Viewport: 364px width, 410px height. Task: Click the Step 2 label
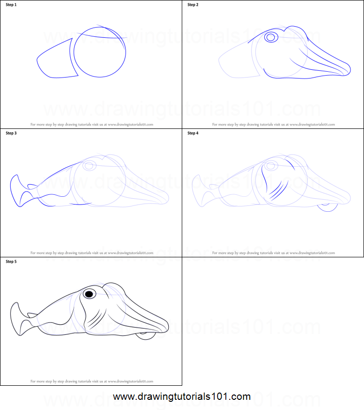coord(193,5)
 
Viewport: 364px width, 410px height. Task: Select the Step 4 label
coord(193,133)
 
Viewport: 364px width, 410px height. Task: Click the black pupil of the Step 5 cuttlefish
coord(89,294)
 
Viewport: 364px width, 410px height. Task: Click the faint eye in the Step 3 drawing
coord(89,166)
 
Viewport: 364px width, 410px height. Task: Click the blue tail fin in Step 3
coord(17,189)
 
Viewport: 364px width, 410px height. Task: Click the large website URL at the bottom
coord(182,396)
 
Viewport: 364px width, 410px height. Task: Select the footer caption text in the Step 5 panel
coord(92,381)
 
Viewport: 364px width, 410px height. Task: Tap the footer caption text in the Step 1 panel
coord(92,125)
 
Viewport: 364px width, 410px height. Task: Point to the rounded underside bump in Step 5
coord(145,335)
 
